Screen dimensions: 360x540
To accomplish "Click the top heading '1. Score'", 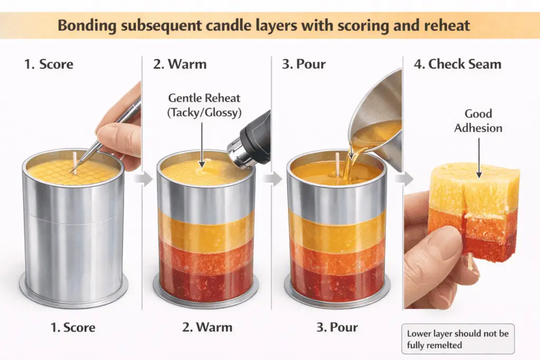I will point(49,65).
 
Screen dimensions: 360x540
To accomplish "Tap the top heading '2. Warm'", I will point(180,65).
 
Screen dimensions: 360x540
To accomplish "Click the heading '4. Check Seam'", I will point(457,65).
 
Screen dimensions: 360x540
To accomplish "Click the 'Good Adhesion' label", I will point(478,121).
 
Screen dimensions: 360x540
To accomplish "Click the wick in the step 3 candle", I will point(336,158).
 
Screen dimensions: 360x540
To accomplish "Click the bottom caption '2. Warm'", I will point(207,327).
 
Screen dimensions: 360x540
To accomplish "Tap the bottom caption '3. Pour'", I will point(337,327).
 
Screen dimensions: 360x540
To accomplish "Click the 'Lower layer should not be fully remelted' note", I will point(458,339).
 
